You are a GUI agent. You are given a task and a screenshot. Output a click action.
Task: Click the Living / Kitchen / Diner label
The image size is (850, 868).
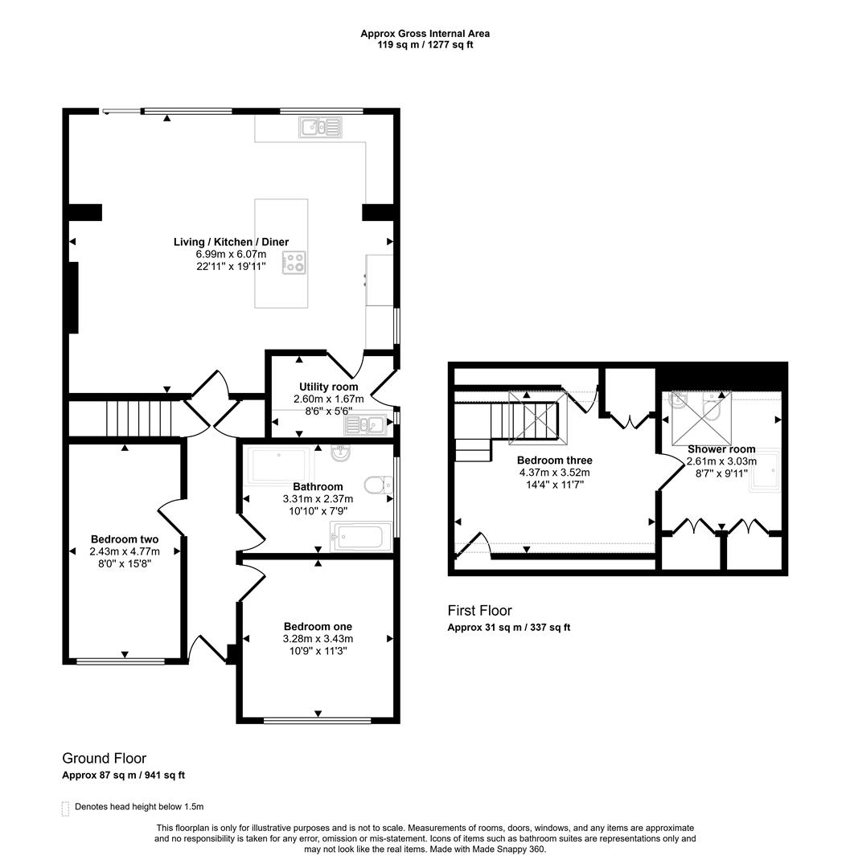point(231,242)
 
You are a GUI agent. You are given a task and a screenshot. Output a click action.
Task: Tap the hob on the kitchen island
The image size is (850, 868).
point(294,263)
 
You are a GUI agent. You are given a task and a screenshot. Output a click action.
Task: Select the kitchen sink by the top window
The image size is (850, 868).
point(320,126)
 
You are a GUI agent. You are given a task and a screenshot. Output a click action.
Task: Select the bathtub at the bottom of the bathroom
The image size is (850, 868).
point(362,536)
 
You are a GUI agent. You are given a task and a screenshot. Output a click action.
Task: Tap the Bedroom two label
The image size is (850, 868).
point(125,539)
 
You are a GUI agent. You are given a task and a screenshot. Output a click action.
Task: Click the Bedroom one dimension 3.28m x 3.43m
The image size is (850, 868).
point(318,639)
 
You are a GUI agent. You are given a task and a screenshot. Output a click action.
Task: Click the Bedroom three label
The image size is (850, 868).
point(554,461)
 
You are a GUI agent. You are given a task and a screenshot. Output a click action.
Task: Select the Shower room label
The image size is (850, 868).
point(721,449)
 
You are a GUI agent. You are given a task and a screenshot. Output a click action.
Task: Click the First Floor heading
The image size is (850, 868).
point(479,611)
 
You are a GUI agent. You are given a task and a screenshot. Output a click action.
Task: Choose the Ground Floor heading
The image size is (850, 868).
point(104,758)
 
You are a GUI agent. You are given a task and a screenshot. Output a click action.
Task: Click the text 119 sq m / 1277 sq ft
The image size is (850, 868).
point(425,45)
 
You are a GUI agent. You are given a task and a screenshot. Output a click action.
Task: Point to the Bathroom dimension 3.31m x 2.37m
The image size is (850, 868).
point(318,498)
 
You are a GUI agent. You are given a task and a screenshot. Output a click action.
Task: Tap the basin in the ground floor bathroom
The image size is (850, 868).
point(340,454)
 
